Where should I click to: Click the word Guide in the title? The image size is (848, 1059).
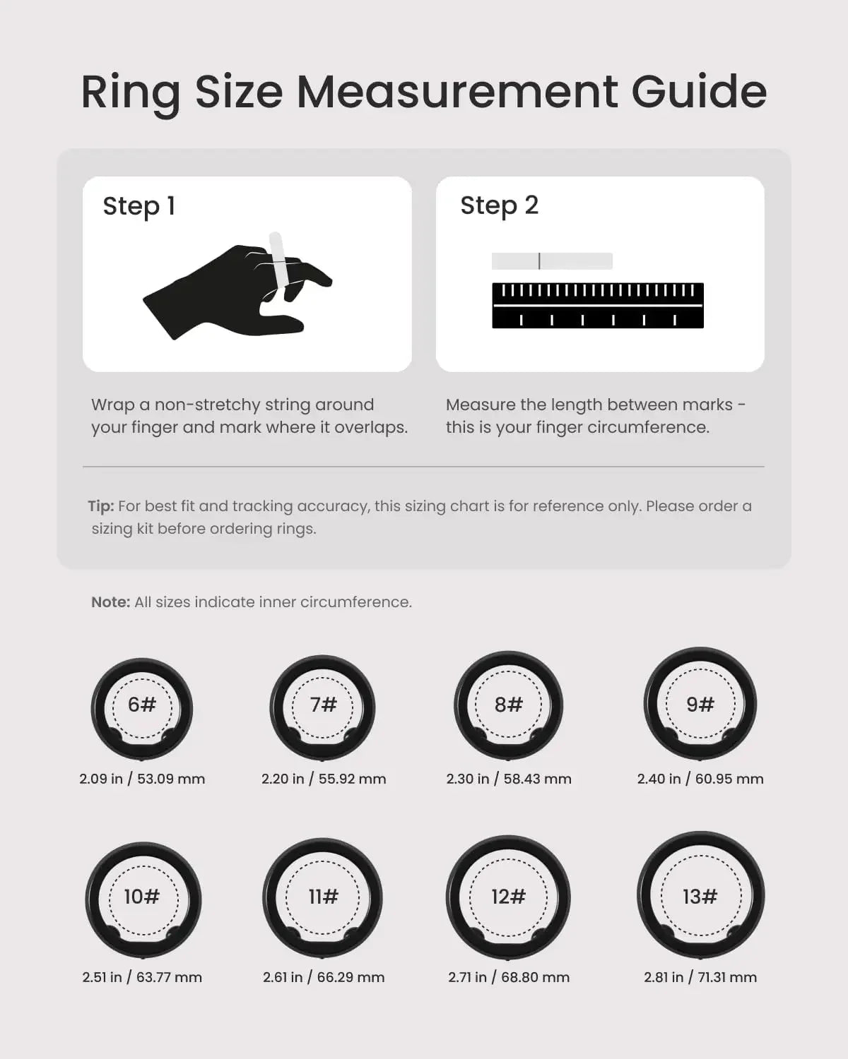tap(699, 92)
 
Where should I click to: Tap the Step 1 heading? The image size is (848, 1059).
tap(139, 206)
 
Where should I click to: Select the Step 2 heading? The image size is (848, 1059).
tap(499, 205)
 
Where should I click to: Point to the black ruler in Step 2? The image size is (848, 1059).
tap(598, 305)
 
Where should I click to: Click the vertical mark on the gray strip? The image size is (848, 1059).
tap(539, 261)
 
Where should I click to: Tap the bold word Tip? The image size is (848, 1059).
tap(101, 506)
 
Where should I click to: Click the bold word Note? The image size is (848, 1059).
tap(111, 602)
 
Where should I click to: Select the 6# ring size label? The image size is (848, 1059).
tap(142, 704)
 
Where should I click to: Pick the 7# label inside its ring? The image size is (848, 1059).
tap(323, 704)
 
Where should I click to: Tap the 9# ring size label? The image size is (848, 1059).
tap(700, 704)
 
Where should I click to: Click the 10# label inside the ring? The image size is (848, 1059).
tap(142, 896)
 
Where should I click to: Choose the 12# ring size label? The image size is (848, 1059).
tap(509, 896)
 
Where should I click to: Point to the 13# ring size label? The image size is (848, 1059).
tap(700, 896)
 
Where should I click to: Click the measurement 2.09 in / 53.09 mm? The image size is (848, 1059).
tap(142, 779)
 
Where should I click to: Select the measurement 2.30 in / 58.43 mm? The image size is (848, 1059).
tap(509, 779)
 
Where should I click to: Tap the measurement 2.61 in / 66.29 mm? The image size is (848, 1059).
tap(323, 977)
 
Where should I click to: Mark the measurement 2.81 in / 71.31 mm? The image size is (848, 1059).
tap(700, 977)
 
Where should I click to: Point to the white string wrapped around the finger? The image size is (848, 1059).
tap(276, 261)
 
